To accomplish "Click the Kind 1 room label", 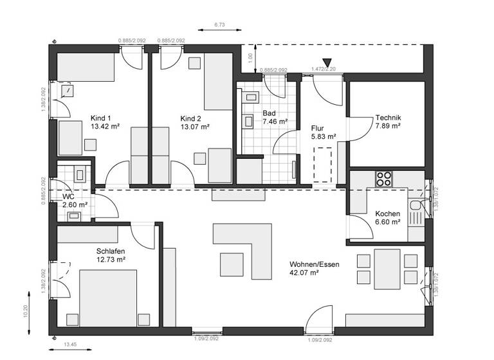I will pos(101,118).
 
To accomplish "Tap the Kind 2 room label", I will pos(191,118).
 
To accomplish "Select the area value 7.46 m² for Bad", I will pos(275,121).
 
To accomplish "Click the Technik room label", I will pos(388,118).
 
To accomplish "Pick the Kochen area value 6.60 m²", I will pos(388,222).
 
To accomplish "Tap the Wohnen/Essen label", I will pos(314,264).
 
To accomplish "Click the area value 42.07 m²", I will pos(304,273).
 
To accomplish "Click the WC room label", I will pos(69,196).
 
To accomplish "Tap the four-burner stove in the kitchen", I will pos(384,178).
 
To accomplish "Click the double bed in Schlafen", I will pos(108,298).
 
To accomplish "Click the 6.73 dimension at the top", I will pos(220,24).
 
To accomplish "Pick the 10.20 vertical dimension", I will pos(25,311).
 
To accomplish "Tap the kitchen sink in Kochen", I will pos(416,208).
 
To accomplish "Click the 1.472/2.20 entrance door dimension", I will pos(324,69).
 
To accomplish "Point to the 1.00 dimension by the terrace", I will pos(251,57).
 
